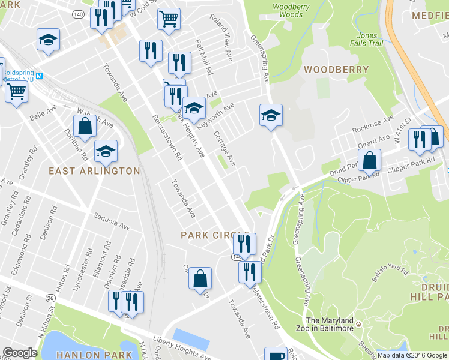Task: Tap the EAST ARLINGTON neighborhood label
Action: click(x=94, y=171)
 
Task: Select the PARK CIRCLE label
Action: click(x=215, y=235)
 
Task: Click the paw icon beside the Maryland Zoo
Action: click(x=359, y=325)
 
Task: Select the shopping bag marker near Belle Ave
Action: click(x=85, y=127)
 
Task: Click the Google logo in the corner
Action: click(x=20, y=353)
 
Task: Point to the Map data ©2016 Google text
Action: click(x=412, y=355)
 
